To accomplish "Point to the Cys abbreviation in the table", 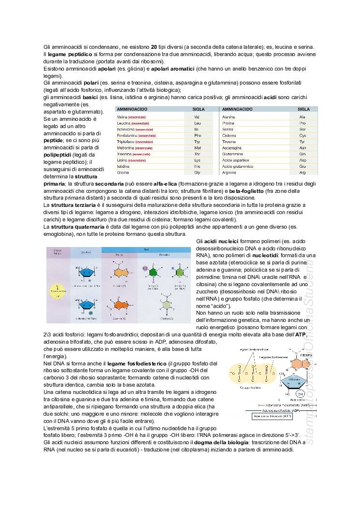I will click(x=302, y=136).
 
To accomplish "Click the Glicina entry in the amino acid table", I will click(x=123, y=173).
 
